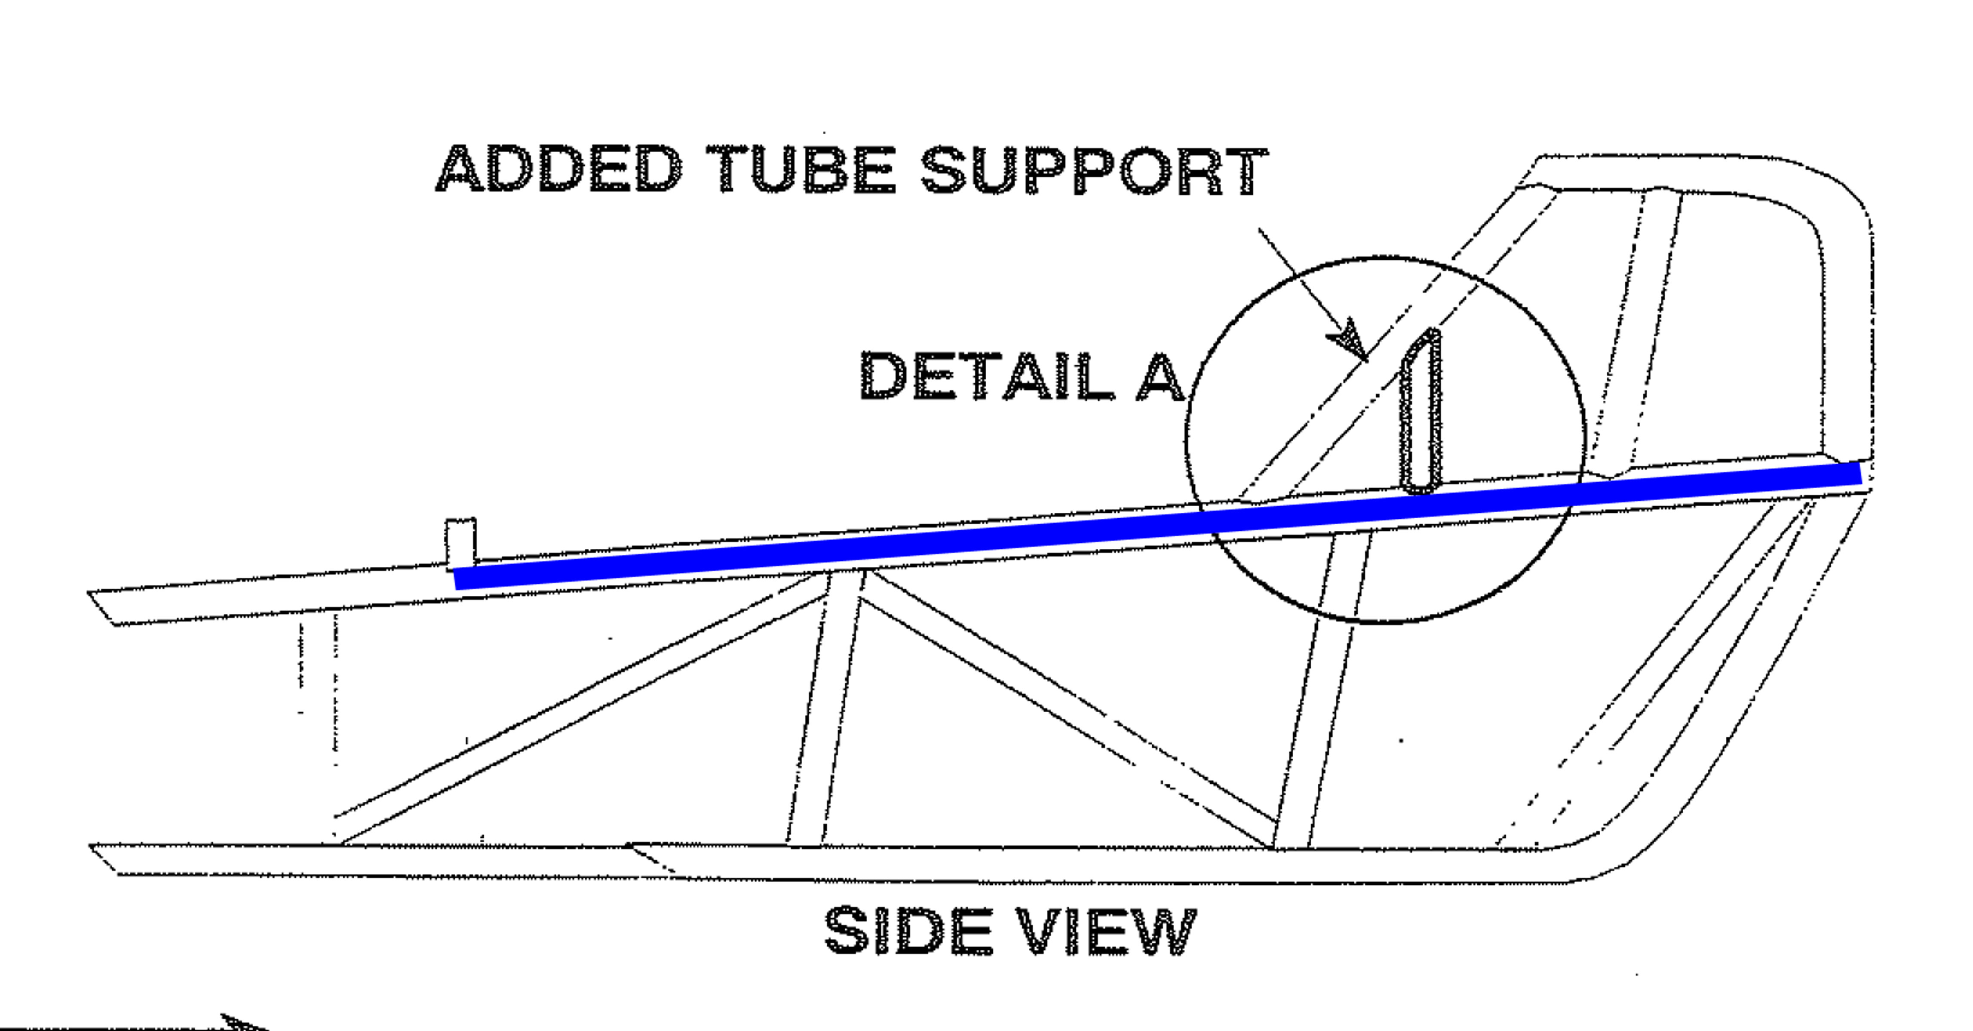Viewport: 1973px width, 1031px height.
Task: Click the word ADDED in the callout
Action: pyautogui.click(x=559, y=169)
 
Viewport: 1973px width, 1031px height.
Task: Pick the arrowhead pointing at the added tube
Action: pyautogui.click(x=1350, y=344)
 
